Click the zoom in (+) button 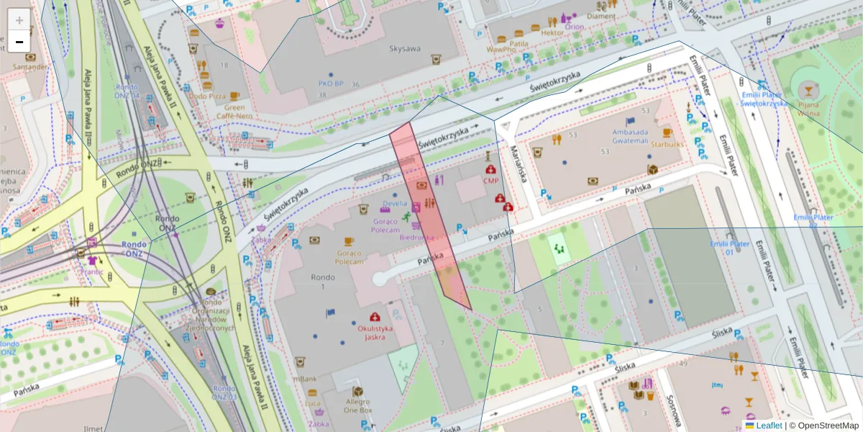[19, 20]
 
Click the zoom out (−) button [19, 42]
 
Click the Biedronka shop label [416, 237]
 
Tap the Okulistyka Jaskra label [375, 333]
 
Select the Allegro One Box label [357, 405]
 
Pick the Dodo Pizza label [208, 96]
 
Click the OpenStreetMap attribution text [824, 426]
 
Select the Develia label [395, 204]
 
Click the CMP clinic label [490, 181]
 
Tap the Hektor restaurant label [552, 32]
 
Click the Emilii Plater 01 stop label [730, 248]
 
